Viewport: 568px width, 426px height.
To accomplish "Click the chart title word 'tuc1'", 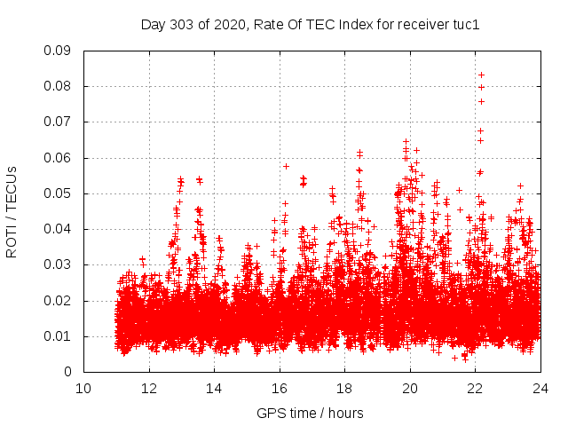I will click(464, 25).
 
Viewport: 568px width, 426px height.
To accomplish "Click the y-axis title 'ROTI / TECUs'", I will click(12, 210).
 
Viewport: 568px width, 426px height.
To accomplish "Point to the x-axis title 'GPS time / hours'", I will click(310, 413).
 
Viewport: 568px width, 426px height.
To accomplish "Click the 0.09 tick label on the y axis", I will click(59, 51).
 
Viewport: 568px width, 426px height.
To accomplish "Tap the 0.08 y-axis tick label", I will click(59, 86).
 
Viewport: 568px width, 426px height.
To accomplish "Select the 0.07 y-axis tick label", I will click(59, 122).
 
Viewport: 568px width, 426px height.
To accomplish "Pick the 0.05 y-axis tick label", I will click(59, 193).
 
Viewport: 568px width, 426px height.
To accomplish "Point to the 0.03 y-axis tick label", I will click(59, 264).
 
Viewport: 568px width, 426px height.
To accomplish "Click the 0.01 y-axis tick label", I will click(59, 335).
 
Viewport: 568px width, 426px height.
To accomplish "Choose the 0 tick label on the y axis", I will click(70, 371).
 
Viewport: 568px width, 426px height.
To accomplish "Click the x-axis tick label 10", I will click(83, 388).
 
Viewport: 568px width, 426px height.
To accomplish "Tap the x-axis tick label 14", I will click(214, 388).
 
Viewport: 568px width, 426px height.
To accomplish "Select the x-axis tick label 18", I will click(344, 388).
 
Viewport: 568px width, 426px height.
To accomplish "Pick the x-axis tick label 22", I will click(475, 388).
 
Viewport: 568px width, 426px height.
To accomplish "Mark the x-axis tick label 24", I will click(540, 388).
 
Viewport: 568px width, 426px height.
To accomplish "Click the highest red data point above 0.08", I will click(481, 75).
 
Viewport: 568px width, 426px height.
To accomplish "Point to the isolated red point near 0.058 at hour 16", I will click(286, 166).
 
